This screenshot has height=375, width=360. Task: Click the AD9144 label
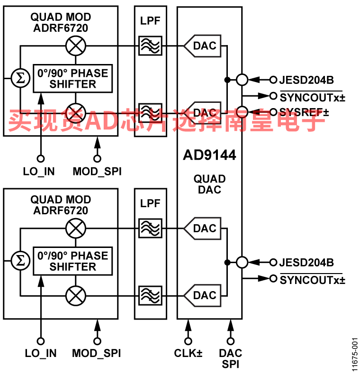click(x=209, y=155)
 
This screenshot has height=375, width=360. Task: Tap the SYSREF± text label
click(x=304, y=112)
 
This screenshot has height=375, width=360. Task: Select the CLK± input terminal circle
click(x=188, y=341)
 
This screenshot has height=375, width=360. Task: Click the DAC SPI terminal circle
click(x=231, y=341)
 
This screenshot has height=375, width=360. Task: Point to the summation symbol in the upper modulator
click(x=20, y=78)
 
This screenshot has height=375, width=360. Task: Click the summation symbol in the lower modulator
click(x=20, y=261)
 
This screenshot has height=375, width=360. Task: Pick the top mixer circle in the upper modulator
click(x=76, y=46)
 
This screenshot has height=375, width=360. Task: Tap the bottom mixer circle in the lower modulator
click(x=76, y=296)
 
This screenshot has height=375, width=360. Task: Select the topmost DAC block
click(x=202, y=46)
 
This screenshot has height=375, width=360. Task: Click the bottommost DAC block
click(x=202, y=296)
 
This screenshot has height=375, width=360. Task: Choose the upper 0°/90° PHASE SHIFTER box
click(x=72, y=78)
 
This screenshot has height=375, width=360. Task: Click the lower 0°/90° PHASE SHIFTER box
click(x=72, y=261)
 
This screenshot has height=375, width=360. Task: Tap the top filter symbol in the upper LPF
click(x=150, y=46)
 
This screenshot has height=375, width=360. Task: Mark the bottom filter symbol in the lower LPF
click(x=150, y=296)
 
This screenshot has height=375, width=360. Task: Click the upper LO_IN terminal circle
click(x=41, y=158)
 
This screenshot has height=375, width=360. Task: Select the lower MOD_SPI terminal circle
click(x=97, y=341)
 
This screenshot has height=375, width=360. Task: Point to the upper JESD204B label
click(x=306, y=80)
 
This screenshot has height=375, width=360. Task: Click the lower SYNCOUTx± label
click(x=313, y=279)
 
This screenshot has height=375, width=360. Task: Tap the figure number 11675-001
click(x=355, y=355)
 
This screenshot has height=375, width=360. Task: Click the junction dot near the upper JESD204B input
click(x=227, y=80)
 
